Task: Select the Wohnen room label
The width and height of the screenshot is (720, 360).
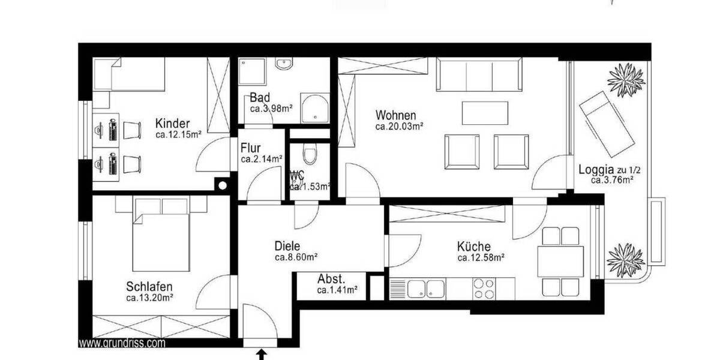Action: [395, 115]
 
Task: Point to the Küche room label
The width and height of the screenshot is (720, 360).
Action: [473, 246]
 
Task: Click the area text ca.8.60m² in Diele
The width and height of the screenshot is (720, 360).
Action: [296, 257]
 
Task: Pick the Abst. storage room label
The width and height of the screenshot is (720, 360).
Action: [331, 279]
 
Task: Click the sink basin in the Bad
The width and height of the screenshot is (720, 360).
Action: [282, 63]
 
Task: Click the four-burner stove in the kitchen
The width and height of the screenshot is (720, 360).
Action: [484, 289]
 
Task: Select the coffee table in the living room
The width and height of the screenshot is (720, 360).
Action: [485, 113]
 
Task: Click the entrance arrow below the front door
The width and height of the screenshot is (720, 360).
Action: [261, 355]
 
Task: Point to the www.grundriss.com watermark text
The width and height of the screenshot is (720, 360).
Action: [122, 344]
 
